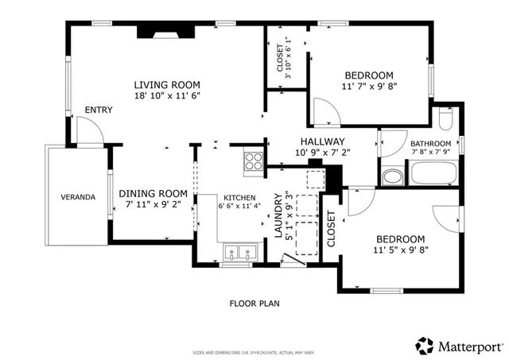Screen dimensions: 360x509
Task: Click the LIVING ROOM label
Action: tap(166, 85)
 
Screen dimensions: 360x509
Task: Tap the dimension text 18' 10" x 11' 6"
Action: tap(166, 95)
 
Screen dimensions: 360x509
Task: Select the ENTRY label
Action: tap(99, 110)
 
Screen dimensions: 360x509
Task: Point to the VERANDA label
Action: tap(78, 196)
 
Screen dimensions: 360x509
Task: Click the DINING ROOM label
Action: tap(153, 193)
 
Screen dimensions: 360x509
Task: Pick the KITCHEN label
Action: tap(239, 198)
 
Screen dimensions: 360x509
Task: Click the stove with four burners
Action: tap(254, 161)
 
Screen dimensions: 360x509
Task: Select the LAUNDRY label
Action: tap(278, 217)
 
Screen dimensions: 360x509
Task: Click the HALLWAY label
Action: tap(322, 141)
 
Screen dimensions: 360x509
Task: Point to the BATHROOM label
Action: tap(430, 143)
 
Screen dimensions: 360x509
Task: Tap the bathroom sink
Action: tap(390, 176)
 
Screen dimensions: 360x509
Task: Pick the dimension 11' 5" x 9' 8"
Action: tap(401, 249)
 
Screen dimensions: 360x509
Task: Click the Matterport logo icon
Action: tap(425, 346)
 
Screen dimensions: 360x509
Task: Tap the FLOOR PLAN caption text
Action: tap(254, 303)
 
